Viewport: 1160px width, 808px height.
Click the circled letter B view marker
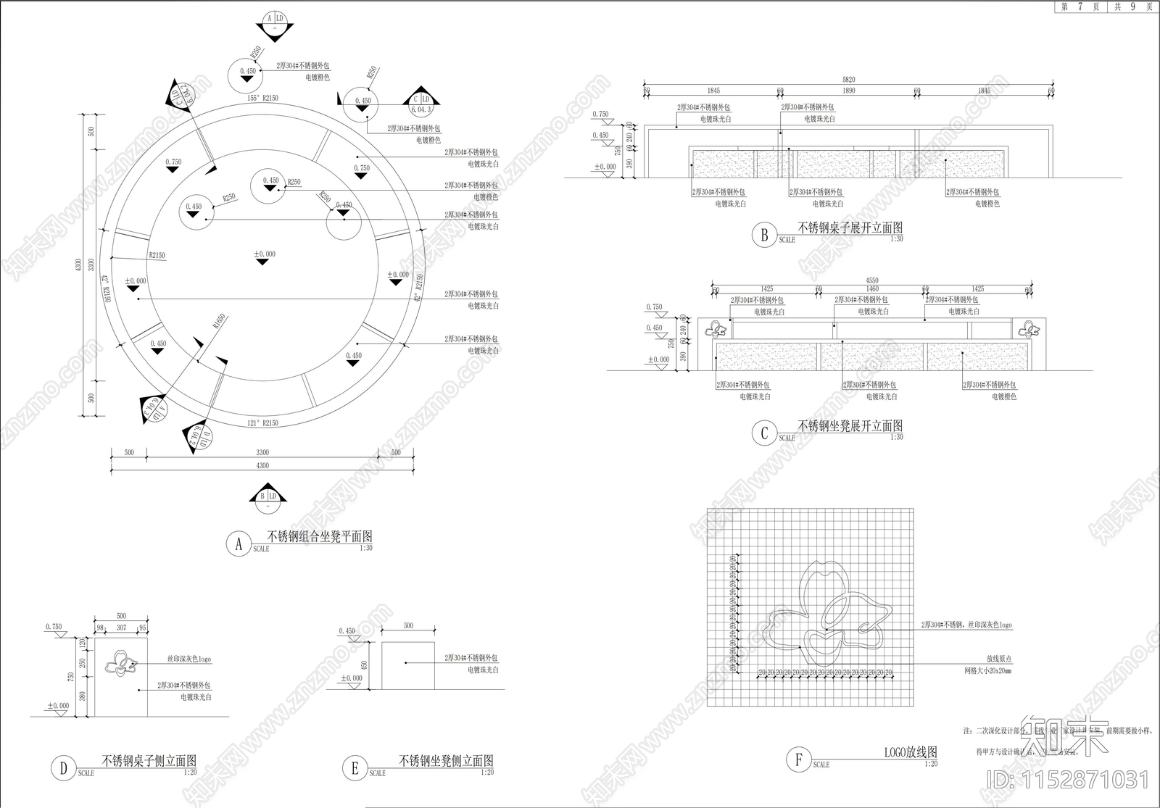tap(764, 236)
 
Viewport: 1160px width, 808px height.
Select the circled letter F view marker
tap(798, 759)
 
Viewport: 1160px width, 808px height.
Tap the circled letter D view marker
tap(63, 768)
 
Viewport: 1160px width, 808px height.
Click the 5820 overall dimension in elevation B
tap(848, 80)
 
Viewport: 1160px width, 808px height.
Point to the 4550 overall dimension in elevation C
tap(871, 280)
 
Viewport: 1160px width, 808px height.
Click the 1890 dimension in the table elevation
tap(849, 91)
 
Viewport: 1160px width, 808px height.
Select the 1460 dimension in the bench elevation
tap(872, 289)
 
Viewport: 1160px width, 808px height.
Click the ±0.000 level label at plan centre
tap(265, 254)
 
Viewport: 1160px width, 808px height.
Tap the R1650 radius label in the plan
tap(219, 322)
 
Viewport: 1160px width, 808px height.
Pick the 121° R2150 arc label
tap(262, 423)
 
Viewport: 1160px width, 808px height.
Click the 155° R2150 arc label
tap(262, 98)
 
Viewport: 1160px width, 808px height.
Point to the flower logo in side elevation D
tap(120, 663)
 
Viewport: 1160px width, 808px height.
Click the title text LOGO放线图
tap(911, 752)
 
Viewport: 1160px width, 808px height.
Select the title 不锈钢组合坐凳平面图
tap(320, 537)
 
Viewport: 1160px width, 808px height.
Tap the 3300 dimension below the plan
tap(262, 453)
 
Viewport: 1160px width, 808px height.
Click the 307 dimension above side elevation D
tap(121, 628)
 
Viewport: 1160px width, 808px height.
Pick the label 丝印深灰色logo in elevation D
tap(189, 659)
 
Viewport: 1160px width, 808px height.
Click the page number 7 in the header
tap(1080, 7)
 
